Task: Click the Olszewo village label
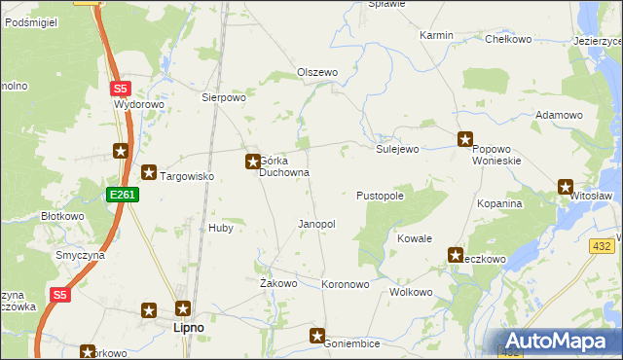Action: (x=316, y=73)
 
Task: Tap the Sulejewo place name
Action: (x=397, y=149)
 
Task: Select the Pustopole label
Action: (x=380, y=196)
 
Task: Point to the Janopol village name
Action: (x=316, y=224)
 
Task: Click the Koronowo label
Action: (x=346, y=284)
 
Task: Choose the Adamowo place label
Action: (x=559, y=115)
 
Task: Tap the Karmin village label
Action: (x=436, y=35)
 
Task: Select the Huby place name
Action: (x=220, y=228)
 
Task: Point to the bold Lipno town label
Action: (x=188, y=328)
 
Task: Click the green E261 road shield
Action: (x=124, y=195)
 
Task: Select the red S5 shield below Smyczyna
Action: (x=60, y=294)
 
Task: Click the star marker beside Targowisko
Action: (x=149, y=173)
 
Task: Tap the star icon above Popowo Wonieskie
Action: (x=465, y=139)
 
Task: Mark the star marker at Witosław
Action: (x=566, y=187)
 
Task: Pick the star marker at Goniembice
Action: (x=317, y=336)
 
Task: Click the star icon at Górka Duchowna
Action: (x=252, y=161)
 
